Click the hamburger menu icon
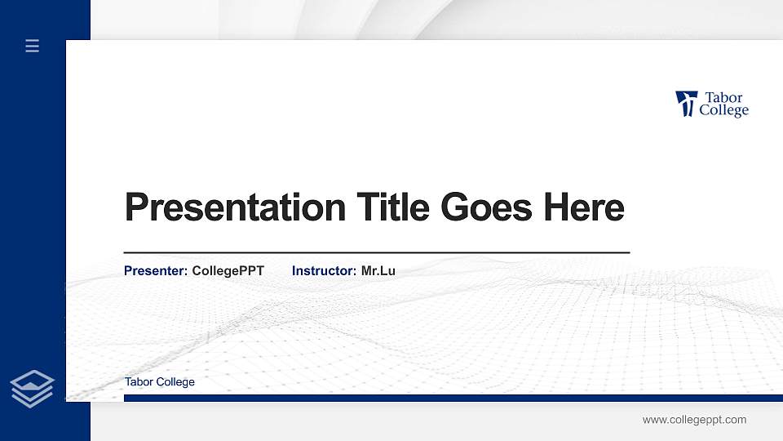pyautogui.click(x=33, y=46)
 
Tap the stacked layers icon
pyautogui.click(x=33, y=388)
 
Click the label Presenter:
pyautogui.click(x=156, y=270)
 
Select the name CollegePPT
pyautogui.click(x=228, y=270)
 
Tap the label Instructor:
pyautogui.click(x=324, y=270)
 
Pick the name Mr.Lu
pyautogui.click(x=378, y=270)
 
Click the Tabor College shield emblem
pyautogui.click(x=686, y=104)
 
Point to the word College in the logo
pyautogui.click(x=723, y=111)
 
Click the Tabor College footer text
pyautogui.click(x=160, y=381)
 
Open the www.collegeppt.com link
pyautogui.click(x=694, y=420)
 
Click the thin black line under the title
pyautogui.click(x=376, y=253)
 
